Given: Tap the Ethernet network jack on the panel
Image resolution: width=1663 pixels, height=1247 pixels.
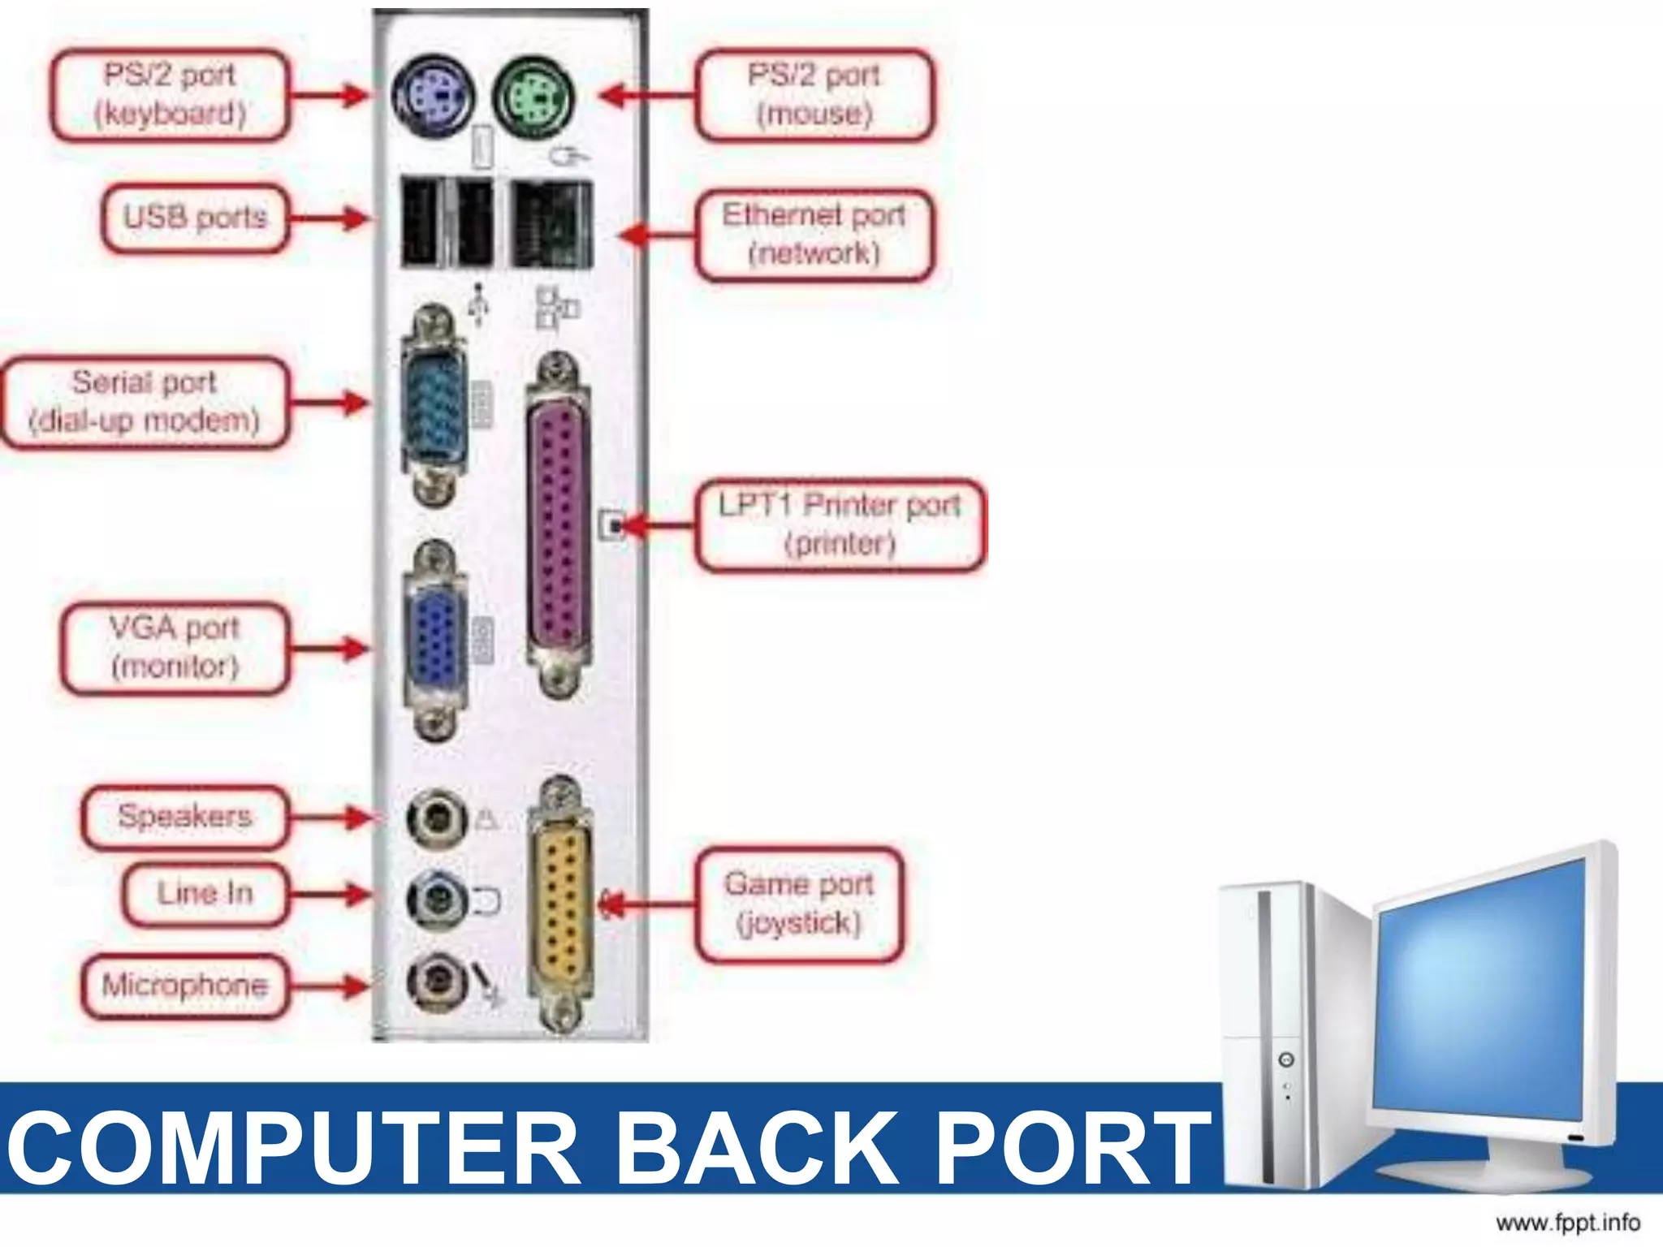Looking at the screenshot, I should click(551, 225).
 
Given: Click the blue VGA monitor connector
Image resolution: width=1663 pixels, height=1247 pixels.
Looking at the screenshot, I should click(436, 639).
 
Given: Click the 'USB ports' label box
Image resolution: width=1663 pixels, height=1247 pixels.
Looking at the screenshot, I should click(195, 218).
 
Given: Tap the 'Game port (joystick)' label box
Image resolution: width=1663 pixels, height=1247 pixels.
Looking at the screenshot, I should click(800, 904).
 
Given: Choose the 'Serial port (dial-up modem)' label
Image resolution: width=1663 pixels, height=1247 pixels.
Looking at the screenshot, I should click(145, 402).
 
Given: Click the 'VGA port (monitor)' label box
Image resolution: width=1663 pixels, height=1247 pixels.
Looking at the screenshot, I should click(175, 648).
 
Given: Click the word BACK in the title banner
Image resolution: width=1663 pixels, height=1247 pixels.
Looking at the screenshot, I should click(758, 1150).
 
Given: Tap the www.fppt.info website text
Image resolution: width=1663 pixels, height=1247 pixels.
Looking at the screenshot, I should click(1567, 1222).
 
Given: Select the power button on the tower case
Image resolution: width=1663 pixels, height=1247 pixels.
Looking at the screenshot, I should click(1286, 1060).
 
